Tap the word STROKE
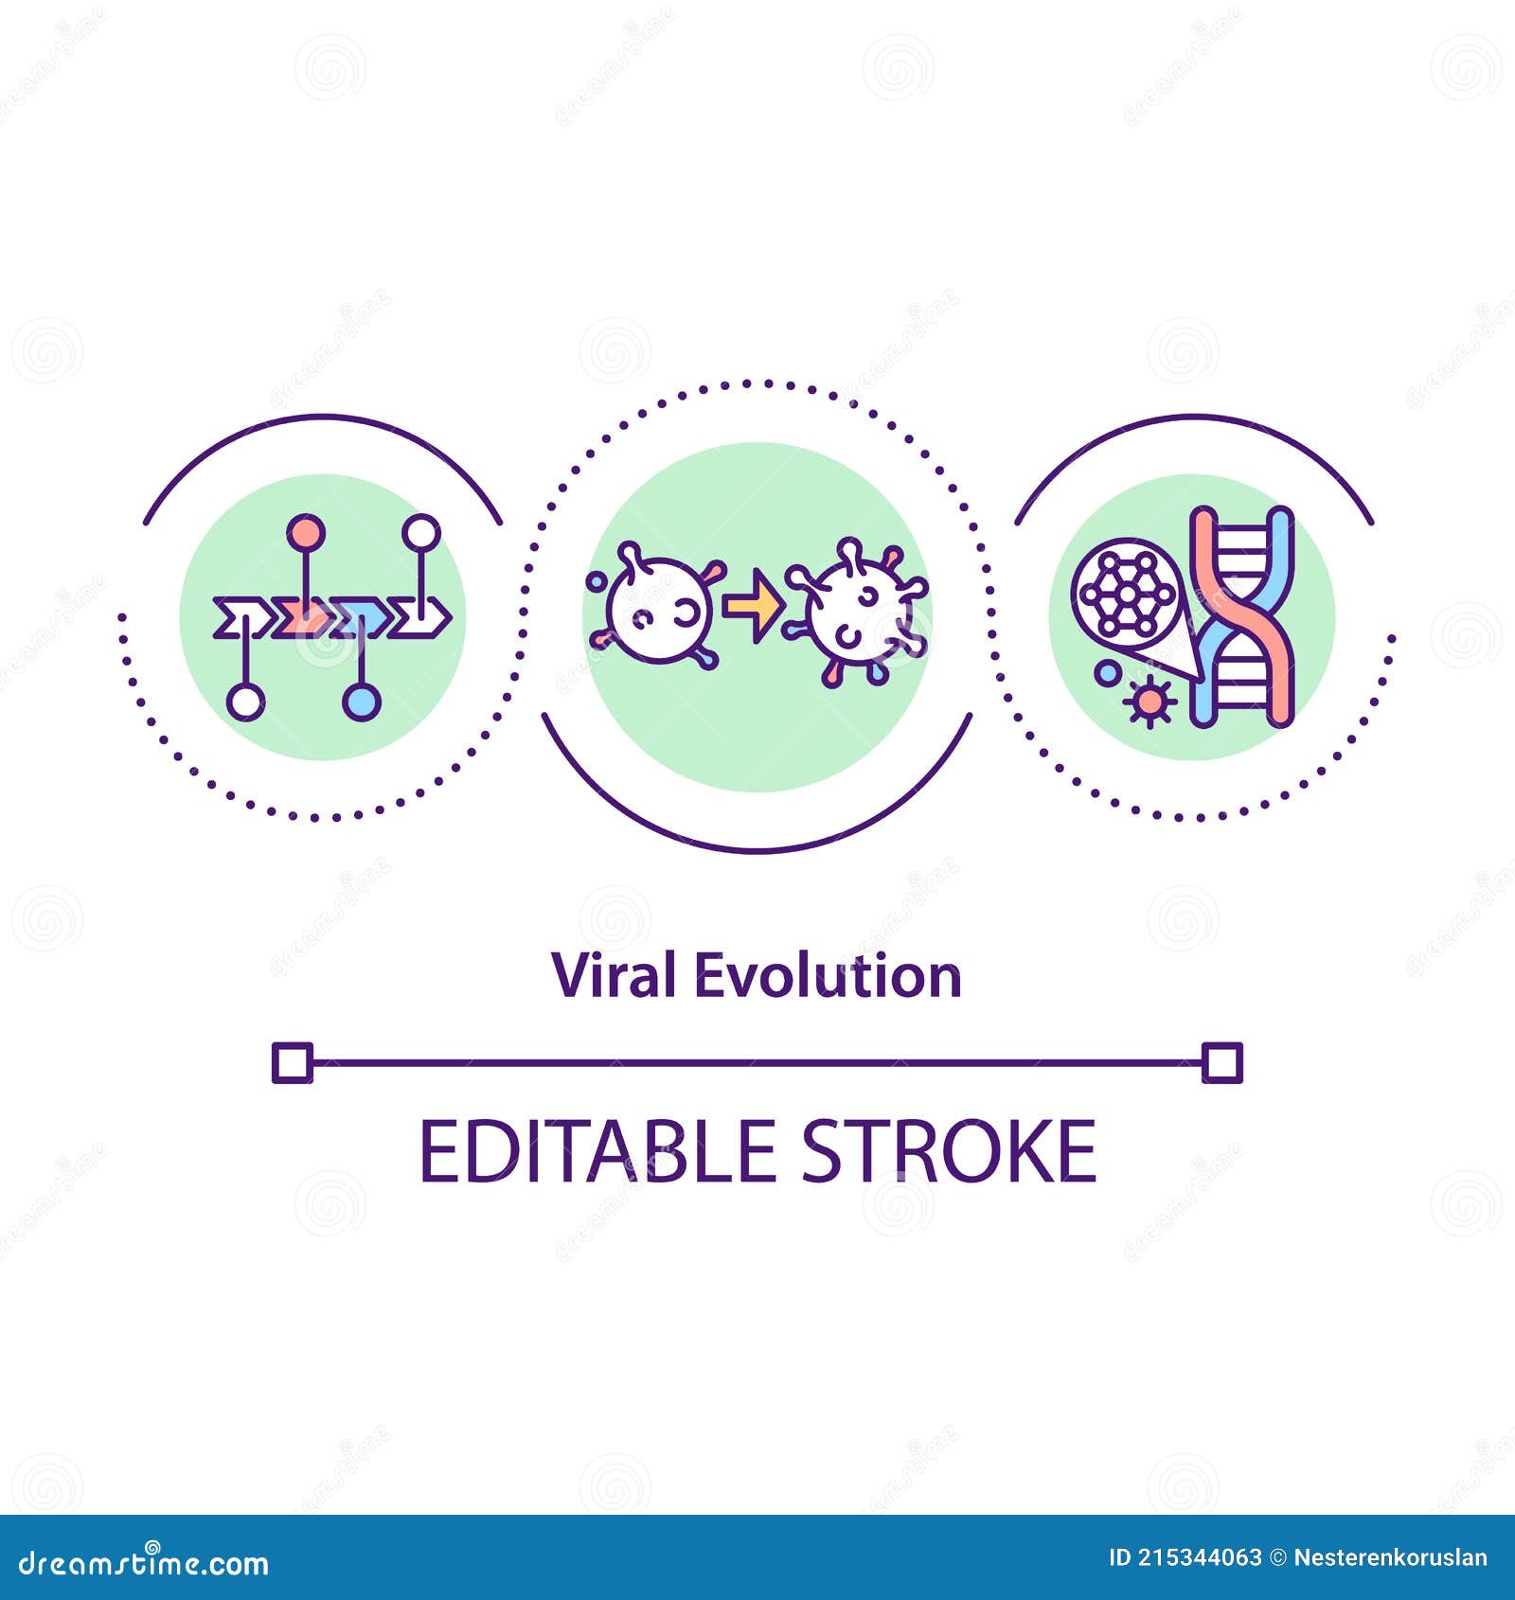[949, 1151]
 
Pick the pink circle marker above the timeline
[305, 533]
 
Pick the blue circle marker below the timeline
[361, 702]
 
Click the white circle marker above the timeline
[420, 532]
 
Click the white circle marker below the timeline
[245, 702]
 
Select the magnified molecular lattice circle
[1125, 592]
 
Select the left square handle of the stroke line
[292, 1062]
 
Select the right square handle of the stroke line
[1221, 1062]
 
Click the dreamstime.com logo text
[144, 1563]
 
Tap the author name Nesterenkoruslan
[1390, 1557]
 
